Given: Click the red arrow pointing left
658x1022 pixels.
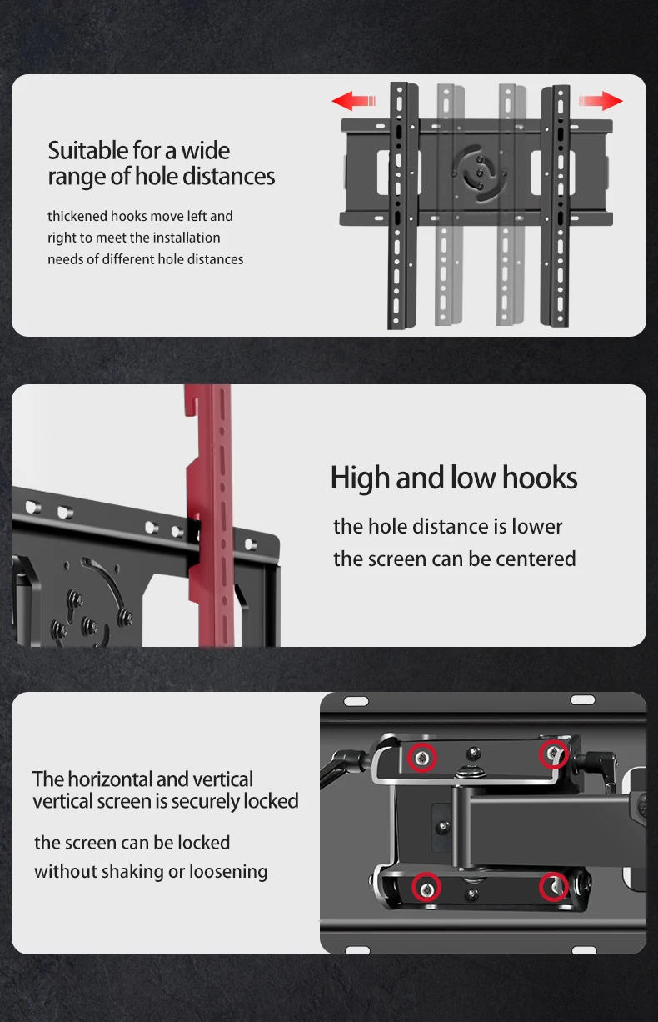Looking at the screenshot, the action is pos(354,100).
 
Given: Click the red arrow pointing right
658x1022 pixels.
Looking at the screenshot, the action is pos(600,100).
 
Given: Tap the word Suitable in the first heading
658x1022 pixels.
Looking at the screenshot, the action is pos(88,151).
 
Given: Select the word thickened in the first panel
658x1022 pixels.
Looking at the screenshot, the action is pos(77,216).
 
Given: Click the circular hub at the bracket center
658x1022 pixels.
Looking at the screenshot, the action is pos(479,173).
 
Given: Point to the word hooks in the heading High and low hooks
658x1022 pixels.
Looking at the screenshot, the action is pos(540,478).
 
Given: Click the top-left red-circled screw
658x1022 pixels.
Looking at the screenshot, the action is pos(421,758).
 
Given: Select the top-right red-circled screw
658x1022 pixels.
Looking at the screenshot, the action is pos(554,754).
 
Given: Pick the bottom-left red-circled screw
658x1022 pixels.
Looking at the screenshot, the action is pos(426,887).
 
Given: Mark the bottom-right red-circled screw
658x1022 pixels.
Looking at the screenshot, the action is pos(554,887).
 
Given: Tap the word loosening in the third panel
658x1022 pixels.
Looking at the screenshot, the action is pos(228,872).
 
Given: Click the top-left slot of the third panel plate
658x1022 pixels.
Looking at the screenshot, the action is pos(356,701).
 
